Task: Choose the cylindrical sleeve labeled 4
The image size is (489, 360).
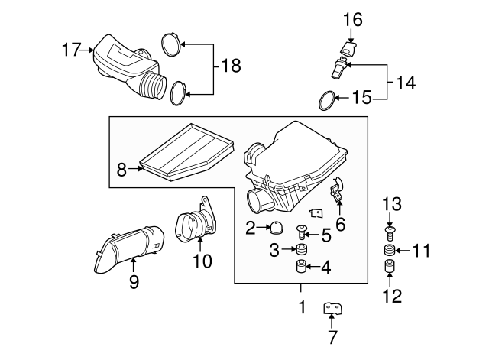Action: (301, 268)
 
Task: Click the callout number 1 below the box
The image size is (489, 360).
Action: (301, 307)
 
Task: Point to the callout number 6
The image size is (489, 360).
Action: (340, 223)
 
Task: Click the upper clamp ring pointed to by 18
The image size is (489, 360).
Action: (171, 44)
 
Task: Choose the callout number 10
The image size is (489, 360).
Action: (200, 261)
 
